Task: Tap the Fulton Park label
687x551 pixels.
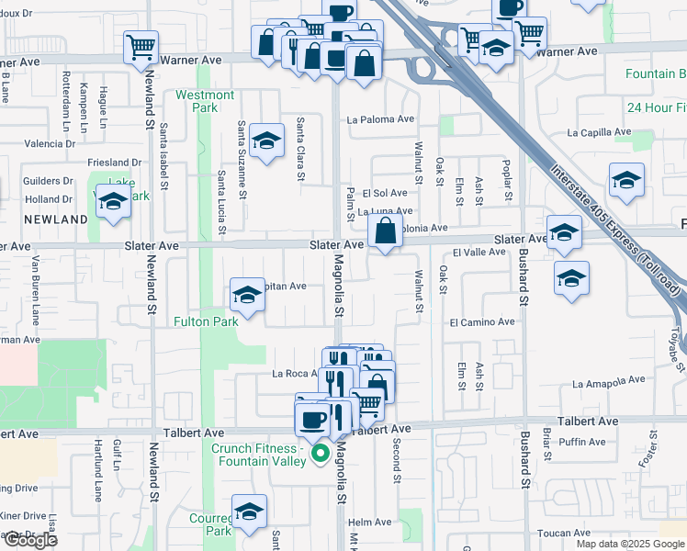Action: click(207, 321)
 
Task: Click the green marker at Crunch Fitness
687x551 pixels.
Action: click(321, 454)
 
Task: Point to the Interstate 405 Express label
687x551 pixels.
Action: click(616, 230)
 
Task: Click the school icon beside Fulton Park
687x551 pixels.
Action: click(246, 294)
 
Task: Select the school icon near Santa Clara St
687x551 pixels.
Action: click(266, 140)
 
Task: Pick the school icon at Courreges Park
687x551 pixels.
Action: click(248, 510)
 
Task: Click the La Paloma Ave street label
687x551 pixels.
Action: click(381, 119)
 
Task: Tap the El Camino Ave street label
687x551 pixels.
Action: click(482, 322)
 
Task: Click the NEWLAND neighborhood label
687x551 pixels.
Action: click(56, 219)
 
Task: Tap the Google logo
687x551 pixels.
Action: click(29, 540)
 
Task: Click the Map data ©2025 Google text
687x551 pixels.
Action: click(629, 544)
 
